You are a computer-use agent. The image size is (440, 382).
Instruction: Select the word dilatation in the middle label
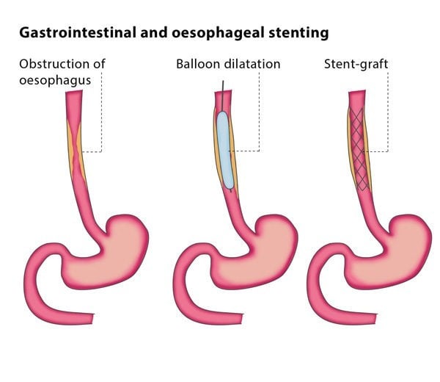pos(253,64)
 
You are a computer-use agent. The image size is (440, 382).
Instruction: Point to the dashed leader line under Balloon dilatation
pos(259,110)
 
